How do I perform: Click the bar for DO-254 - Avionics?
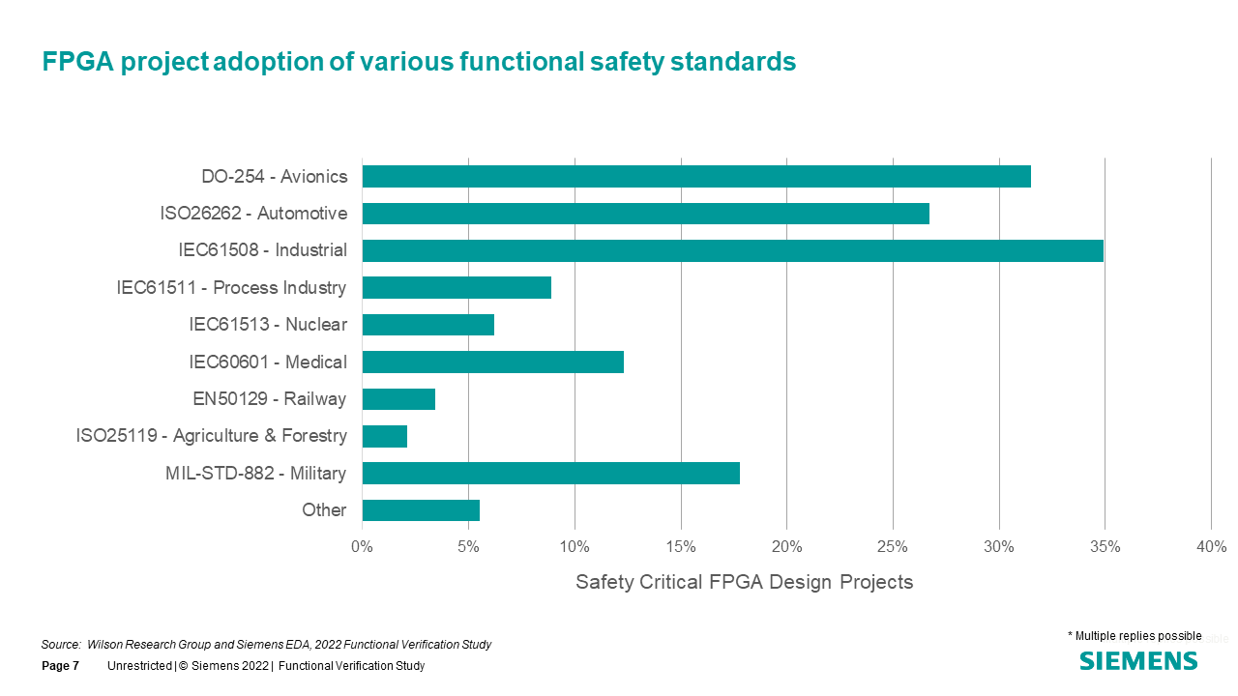(696, 176)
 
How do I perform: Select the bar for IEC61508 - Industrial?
(732, 250)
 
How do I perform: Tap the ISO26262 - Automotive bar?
(645, 214)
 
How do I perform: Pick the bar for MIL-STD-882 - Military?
(550, 473)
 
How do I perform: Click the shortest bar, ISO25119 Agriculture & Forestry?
(384, 436)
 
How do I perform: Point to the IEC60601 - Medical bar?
(492, 362)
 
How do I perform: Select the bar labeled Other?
(421, 510)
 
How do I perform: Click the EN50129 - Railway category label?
(270, 399)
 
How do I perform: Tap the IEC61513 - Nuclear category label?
(267, 325)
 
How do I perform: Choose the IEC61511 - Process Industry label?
(231, 288)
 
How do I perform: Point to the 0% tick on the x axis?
(362, 547)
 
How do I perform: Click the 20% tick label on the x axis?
(786, 547)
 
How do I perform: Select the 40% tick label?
(1211, 547)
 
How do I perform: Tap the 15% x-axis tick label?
(680, 547)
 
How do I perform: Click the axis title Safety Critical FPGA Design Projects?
(744, 582)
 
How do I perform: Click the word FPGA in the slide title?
(76, 62)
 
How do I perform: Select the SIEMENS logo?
(1138, 661)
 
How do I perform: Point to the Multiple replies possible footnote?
(1134, 636)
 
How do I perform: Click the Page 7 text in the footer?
(60, 666)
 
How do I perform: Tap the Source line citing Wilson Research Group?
(266, 645)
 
